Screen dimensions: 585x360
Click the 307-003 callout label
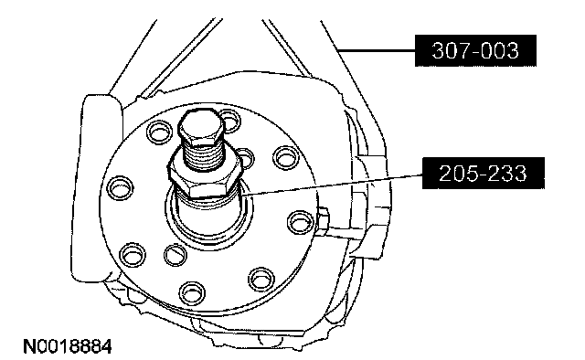(475, 51)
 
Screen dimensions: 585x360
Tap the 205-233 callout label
(484, 173)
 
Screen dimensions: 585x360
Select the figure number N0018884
(68, 346)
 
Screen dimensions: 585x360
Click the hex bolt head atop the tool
(201, 127)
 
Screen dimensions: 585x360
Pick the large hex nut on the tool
(205, 177)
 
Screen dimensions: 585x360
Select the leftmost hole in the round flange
(120, 187)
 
